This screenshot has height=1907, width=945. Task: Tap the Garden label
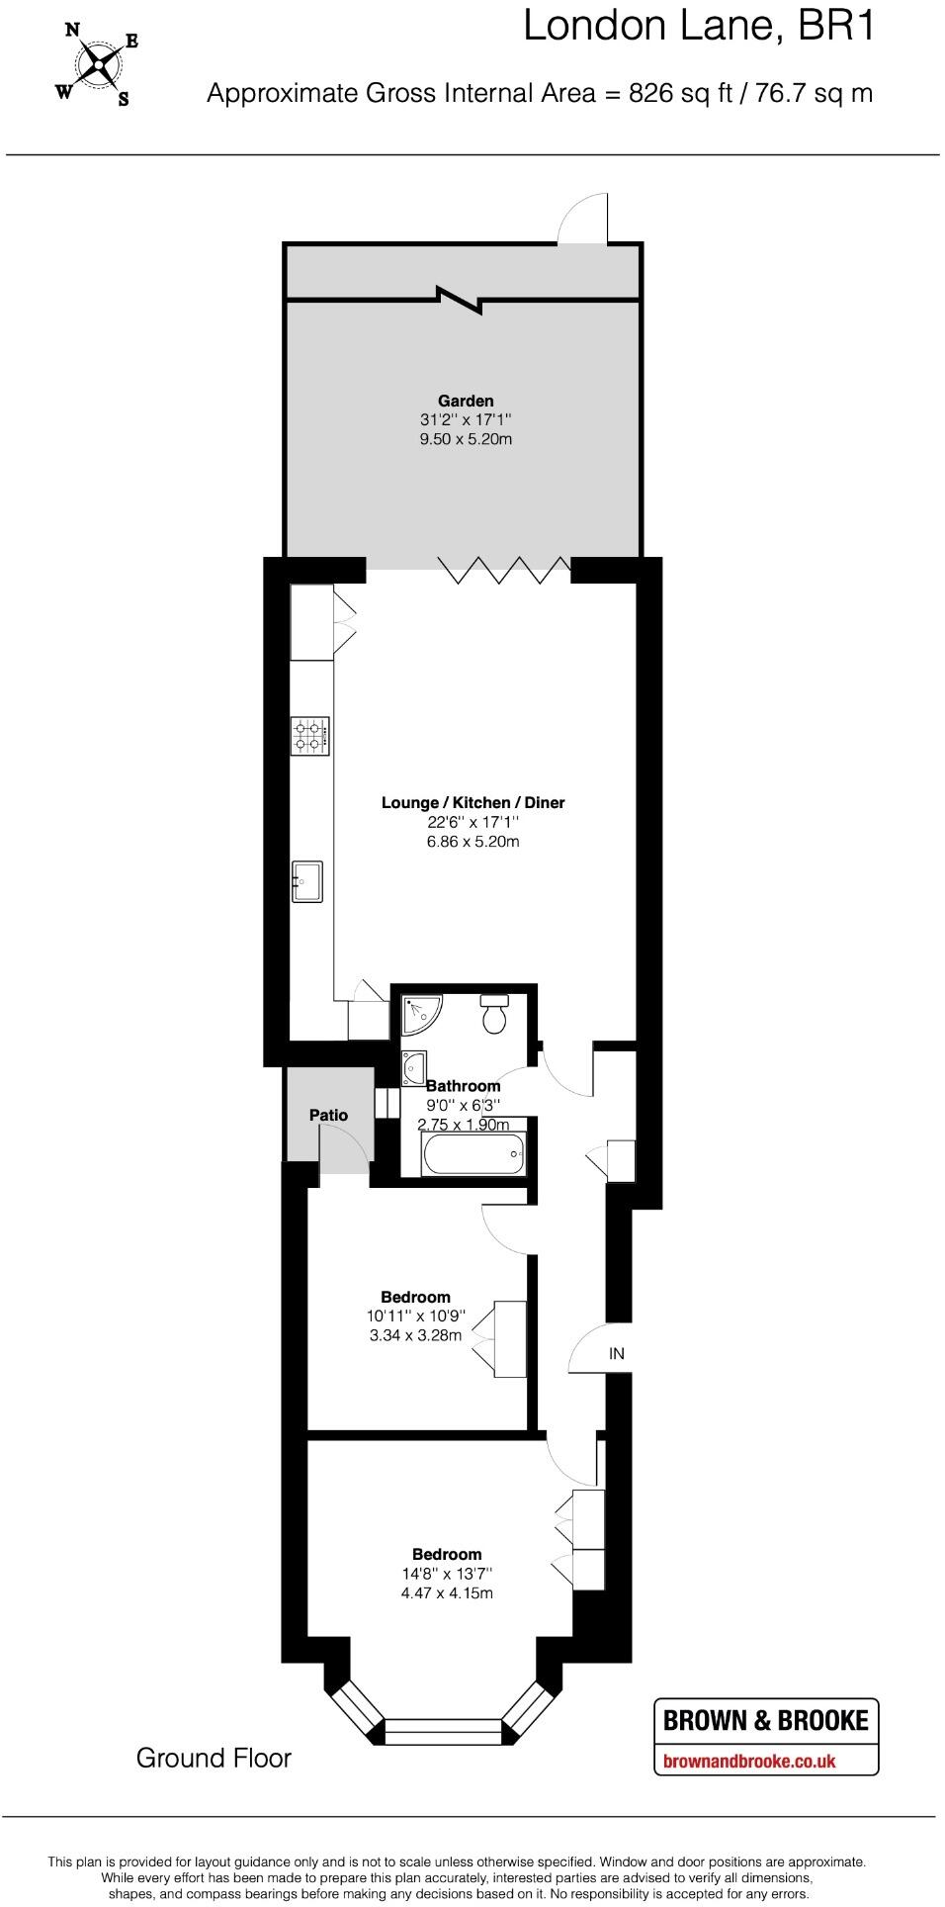[466, 401]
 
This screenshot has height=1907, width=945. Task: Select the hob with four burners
[309, 736]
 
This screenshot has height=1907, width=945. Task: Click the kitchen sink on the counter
[307, 881]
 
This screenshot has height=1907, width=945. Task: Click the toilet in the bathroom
[494, 1013]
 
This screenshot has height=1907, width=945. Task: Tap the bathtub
[472, 1153]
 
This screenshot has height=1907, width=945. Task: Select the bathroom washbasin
[414, 1067]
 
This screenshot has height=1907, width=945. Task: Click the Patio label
[328, 1115]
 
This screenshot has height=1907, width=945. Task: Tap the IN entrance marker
[617, 1353]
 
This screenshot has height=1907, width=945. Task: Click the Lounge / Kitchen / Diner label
[472, 802]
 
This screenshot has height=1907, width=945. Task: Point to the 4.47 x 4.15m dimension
[447, 1592]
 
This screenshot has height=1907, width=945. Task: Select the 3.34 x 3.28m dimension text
[415, 1335]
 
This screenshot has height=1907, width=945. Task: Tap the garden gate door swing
[583, 219]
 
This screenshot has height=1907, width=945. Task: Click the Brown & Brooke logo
[765, 1720]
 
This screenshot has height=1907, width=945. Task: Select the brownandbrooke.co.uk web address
[749, 1761]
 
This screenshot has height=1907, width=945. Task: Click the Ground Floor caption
[214, 1758]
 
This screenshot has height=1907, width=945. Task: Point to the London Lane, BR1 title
[699, 27]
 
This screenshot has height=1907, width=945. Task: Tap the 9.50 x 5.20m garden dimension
[466, 438]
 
